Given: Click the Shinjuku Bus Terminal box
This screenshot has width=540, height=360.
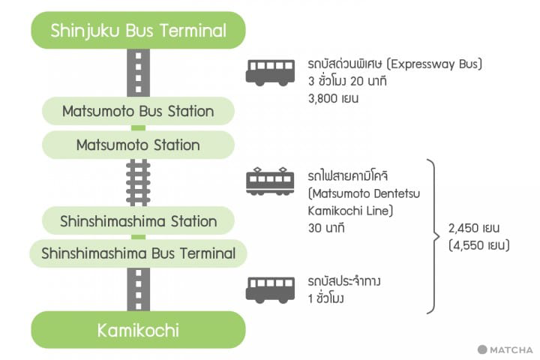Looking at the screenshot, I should tap(138, 31).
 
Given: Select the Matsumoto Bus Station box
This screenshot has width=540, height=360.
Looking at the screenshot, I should tap(138, 111).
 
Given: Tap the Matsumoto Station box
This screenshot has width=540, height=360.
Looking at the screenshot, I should tap(138, 145).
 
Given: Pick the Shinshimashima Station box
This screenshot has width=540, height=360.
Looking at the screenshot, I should tap(138, 221).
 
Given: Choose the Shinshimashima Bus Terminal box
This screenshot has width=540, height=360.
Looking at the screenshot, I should tap(138, 253).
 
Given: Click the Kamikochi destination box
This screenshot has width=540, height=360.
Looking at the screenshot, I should tap(138, 330).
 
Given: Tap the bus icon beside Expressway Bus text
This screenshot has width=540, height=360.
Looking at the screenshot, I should tap(270, 71).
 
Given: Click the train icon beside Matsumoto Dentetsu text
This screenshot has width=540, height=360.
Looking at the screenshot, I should tap(270, 181).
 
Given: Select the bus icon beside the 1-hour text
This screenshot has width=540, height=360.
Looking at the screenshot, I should tap(270, 289).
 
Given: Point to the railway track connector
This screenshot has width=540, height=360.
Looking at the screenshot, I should tap(138, 183).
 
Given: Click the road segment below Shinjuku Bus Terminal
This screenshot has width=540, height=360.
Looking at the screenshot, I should tap(138, 73).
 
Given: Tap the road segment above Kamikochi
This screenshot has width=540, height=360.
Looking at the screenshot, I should tap(138, 289).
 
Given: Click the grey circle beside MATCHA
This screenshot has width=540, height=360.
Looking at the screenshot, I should tap(482, 349).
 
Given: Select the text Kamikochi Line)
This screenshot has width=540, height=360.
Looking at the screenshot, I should tap(350, 209).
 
